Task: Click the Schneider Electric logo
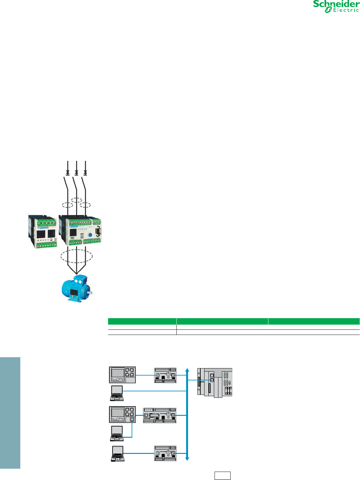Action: pyautogui.click(x=336, y=7)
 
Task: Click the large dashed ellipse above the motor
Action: pyautogui.click(x=76, y=256)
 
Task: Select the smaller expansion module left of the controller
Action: pyautogui.click(x=43, y=231)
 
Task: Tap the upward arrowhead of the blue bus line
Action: pyautogui.click(x=187, y=369)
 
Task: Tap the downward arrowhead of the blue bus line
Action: pyautogui.click(x=187, y=458)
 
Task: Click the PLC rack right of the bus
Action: pyautogui.click(x=215, y=382)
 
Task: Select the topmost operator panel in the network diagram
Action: pyautogui.click(x=122, y=375)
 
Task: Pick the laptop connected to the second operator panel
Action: pyautogui.click(x=117, y=433)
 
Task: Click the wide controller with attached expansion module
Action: pyautogui.click(x=160, y=415)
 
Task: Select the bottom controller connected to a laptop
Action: pyautogui.click(x=165, y=453)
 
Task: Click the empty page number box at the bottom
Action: pyautogui.click(x=223, y=475)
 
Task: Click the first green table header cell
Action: pyautogui.click(x=142, y=321)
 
